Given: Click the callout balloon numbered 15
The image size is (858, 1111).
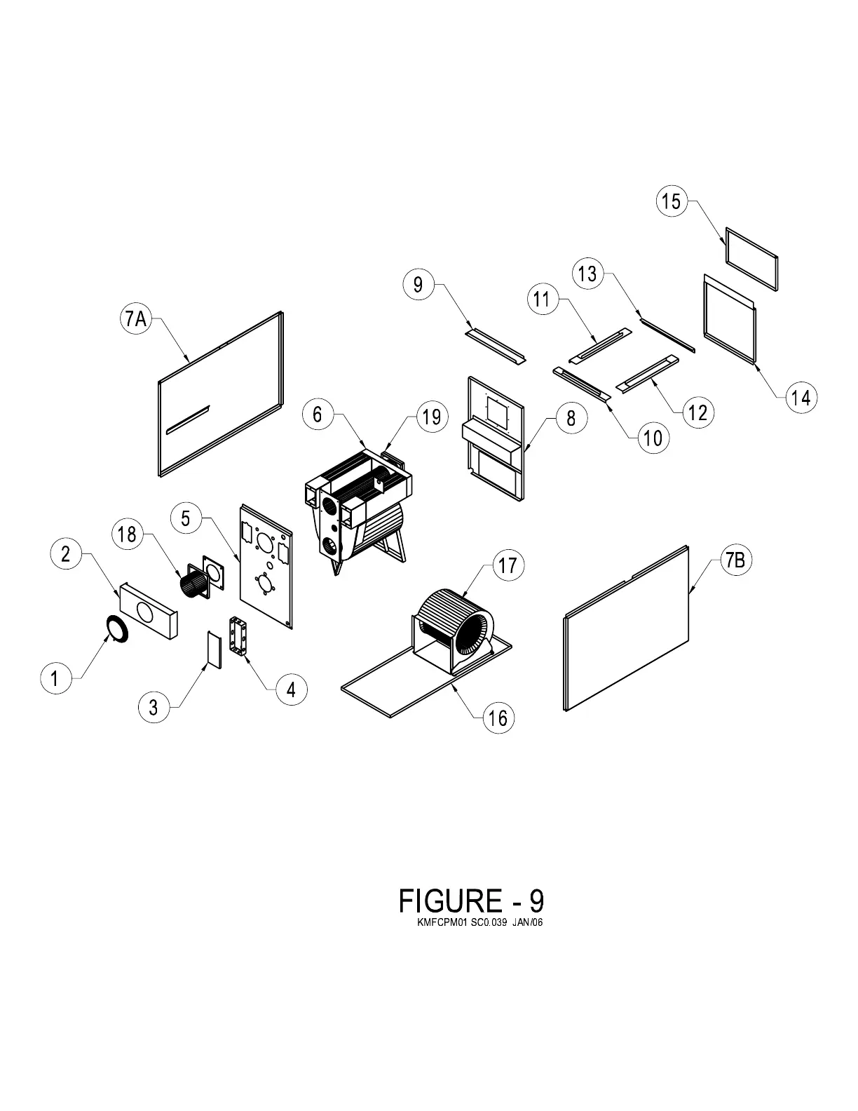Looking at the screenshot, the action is [671, 201].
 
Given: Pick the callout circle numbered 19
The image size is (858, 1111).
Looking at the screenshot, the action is [432, 416].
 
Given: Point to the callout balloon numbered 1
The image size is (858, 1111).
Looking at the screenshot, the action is [55, 678].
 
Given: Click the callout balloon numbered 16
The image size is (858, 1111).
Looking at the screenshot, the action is [498, 718].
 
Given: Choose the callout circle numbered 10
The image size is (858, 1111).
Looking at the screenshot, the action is [653, 438].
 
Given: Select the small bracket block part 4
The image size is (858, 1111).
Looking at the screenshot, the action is [239, 636].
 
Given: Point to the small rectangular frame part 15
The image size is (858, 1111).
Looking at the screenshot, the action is [751, 258].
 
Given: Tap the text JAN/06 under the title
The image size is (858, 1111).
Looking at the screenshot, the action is [527, 922].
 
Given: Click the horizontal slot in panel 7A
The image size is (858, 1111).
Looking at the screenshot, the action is [187, 419].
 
